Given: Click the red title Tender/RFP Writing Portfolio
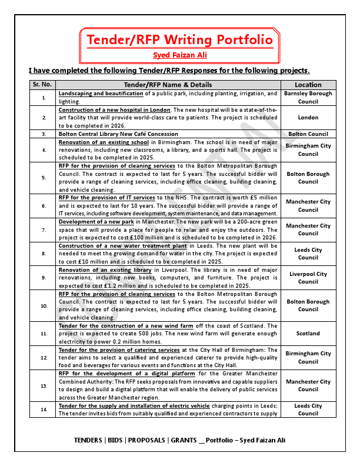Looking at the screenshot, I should [x=179, y=39].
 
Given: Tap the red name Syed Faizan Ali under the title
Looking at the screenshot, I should [x=179, y=55].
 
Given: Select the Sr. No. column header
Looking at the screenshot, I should [x=44, y=85].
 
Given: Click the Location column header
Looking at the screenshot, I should [x=308, y=85].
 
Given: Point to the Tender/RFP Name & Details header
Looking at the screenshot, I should [x=168, y=85].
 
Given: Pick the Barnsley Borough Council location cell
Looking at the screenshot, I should [x=308, y=97].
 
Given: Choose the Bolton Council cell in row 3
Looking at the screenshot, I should [x=308, y=134].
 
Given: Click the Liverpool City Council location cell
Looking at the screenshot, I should [x=308, y=278].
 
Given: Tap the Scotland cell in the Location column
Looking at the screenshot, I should [x=308, y=334].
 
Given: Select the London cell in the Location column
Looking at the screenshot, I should [x=308, y=118].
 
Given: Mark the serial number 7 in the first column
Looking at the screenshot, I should [x=44, y=229].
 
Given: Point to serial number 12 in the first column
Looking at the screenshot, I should [x=44, y=358].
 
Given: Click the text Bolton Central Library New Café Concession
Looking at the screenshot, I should [x=118, y=134].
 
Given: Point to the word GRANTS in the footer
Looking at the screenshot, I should [x=182, y=441].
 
